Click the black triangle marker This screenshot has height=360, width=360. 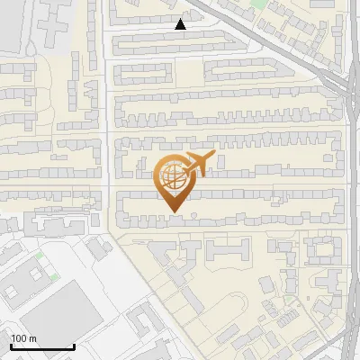181,24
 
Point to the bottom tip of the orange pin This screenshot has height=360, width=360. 173,212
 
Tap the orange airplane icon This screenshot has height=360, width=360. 197,164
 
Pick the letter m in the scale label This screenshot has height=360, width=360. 33,338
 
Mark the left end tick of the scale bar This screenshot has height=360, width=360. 11,346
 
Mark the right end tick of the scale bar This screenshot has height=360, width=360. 74,346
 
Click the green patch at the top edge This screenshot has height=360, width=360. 258,4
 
